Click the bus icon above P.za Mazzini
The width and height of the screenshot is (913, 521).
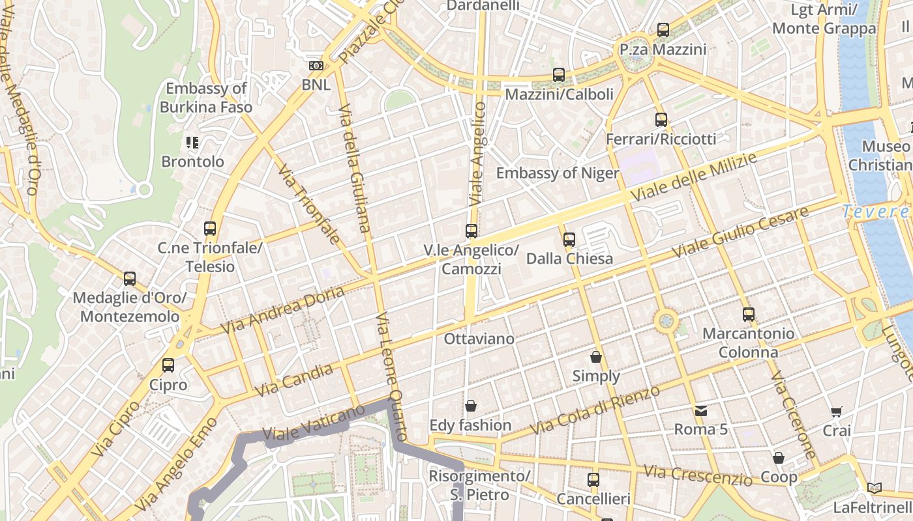pyautogui.click(x=663, y=29)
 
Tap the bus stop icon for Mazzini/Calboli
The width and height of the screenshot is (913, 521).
pyautogui.click(x=559, y=74)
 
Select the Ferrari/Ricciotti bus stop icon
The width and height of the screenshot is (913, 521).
pyautogui.click(x=661, y=119)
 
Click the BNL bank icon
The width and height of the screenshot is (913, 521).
pyautogui.click(x=316, y=65)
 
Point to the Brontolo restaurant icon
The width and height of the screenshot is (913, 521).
pyautogui.click(x=192, y=142)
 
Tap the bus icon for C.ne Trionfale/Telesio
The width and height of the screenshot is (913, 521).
pyautogui.click(x=209, y=229)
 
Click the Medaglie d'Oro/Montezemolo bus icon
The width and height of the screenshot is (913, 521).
pyautogui.click(x=130, y=279)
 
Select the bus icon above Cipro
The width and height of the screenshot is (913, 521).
pyautogui.click(x=168, y=365)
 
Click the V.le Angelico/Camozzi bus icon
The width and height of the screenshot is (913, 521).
pyautogui.click(x=471, y=231)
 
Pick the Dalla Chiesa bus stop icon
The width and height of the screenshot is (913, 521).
pyautogui.click(x=569, y=239)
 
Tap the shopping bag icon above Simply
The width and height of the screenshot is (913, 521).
pyautogui.click(x=595, y=356)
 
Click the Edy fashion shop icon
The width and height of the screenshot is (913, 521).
pyautogui.click(x=471, y=406)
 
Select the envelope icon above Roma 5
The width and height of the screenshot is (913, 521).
pyautogui.click(x=700, y=410)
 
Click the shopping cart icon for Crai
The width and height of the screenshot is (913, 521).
pyautogui.click(x=837, y=411)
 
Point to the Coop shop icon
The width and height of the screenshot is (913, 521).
pyautogui.click(x=779, y=458)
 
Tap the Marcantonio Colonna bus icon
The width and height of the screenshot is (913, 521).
pyautogui.click(x=748, y=315)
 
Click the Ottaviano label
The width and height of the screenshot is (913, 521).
pyautogui.click(x=479, y=339)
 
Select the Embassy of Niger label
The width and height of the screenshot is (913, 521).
pyautogui.click(x=557, y=173)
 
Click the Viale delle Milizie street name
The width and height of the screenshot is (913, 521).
pyautogui.click(x=694, y=177)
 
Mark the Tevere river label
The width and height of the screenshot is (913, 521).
pyautogui.click(x=876, y=212)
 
